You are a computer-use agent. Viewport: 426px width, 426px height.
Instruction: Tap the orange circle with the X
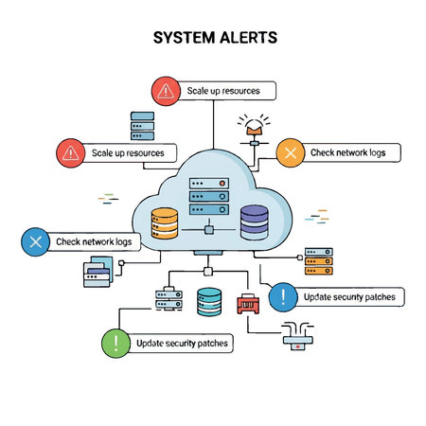point(291,151)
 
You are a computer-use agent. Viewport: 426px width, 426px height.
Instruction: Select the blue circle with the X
point(36,242)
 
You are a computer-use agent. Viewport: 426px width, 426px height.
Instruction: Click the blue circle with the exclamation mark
point(283,297)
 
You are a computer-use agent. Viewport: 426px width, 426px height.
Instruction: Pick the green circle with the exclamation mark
point(116,343)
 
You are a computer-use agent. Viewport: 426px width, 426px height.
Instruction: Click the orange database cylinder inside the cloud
point(165,223)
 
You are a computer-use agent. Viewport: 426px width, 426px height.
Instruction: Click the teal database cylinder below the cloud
point(210,302)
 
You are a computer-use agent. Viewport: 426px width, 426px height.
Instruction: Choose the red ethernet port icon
point(248,304)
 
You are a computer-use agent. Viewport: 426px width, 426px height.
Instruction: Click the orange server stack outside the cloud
point(317,259)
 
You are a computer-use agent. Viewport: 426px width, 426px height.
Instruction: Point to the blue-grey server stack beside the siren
point(142,126)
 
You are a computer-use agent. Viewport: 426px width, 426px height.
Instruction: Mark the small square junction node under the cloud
point(206,272)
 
